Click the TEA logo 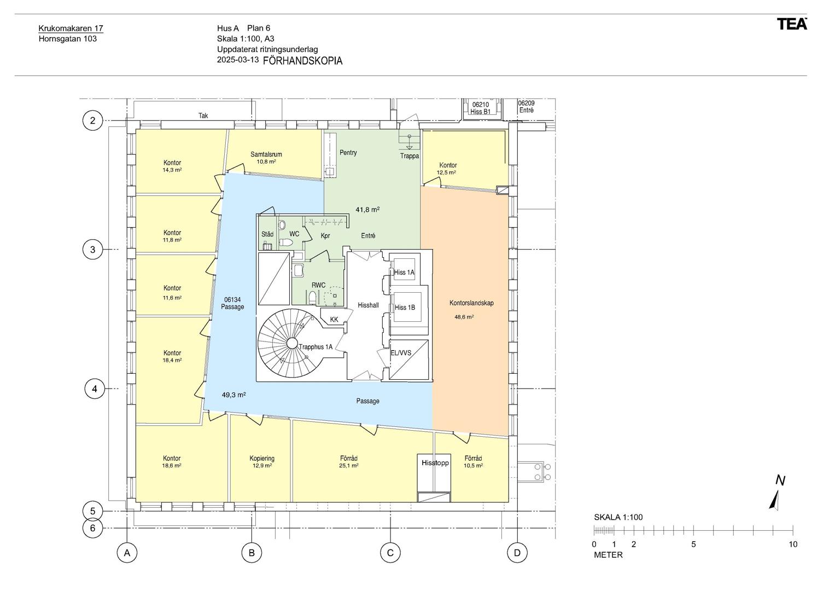792,24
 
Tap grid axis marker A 127,553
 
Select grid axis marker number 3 92,249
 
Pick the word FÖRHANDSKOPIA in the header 303,61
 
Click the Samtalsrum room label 266,154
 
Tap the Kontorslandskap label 471,303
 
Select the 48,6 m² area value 464,317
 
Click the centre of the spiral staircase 292,344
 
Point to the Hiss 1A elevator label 404,273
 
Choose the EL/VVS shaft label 401,352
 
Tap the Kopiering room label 262,458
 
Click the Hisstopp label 435,462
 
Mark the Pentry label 348,153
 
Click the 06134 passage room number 232,300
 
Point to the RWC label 319,285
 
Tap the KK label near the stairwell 334,320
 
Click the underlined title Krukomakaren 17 71,28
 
